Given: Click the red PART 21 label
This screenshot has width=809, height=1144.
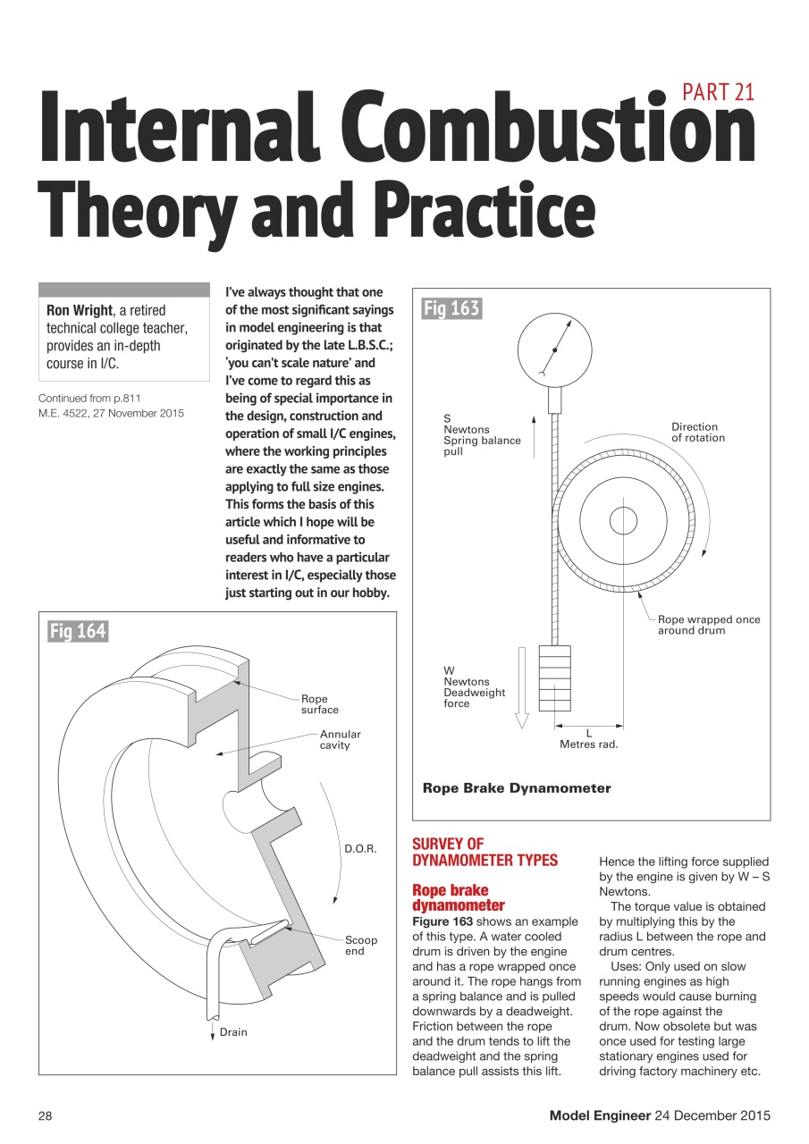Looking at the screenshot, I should click(x=718, y=92).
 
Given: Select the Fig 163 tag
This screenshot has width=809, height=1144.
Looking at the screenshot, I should click(x=451, y=309).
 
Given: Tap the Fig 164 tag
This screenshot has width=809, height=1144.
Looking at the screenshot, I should click(x=78, y=632).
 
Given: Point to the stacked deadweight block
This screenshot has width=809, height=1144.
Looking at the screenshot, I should click(x=554, y=677).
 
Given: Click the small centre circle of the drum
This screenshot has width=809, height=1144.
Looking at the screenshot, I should click(x=622, y=520).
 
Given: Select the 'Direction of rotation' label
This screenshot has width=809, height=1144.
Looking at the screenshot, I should click(x=698, y=433).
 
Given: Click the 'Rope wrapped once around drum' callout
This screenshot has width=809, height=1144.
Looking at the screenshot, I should click(x=708, y=625).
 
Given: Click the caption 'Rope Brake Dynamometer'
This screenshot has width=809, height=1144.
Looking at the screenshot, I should click(x=516, y=788).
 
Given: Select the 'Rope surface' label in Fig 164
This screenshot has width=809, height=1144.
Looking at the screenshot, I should click(x=319, y=704).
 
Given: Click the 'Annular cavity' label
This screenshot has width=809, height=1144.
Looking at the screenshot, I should click(x=340, y=739).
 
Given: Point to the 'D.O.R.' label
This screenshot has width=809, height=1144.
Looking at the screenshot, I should click(x=360, y=848).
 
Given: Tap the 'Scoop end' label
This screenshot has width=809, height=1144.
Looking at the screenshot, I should click(x=361, y=946).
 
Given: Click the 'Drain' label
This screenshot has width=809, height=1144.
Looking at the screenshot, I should click(x=233, y=1032).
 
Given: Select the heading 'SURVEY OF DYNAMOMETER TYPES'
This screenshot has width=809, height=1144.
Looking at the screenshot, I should click(x=484, y=852).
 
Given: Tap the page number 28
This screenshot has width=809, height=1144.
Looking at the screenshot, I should click(x=46, y=1115).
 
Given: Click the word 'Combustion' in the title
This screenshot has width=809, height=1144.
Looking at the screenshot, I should click(x=570, y=130).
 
